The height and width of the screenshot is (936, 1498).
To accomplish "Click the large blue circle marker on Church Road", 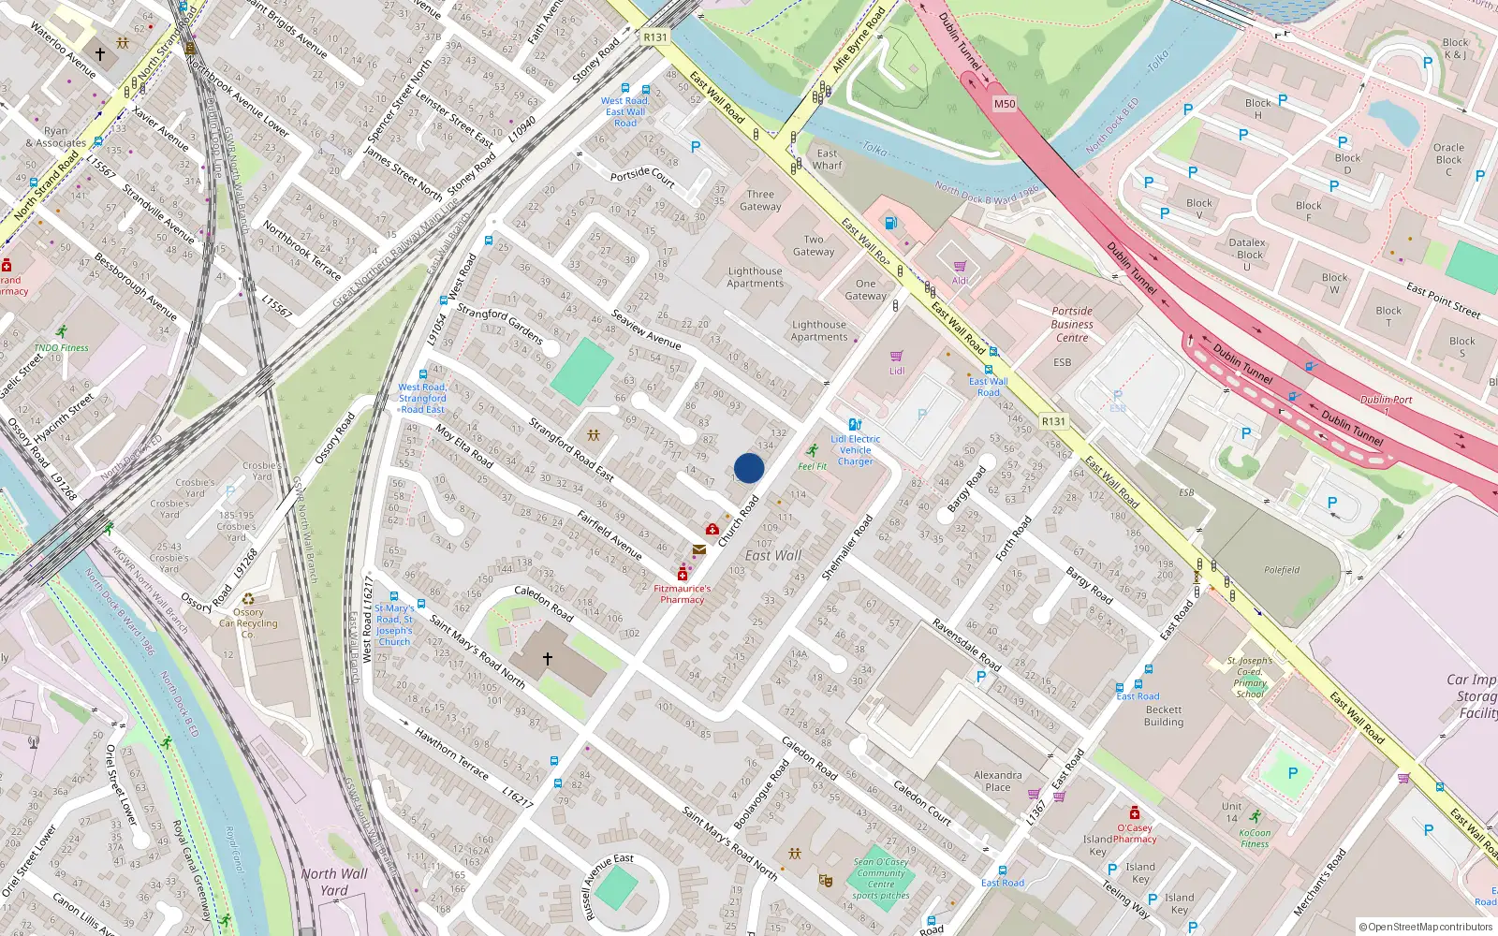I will point(749,468).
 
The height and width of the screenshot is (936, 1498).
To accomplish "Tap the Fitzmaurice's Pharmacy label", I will point(683,594).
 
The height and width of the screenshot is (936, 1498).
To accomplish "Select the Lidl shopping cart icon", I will point(897,357).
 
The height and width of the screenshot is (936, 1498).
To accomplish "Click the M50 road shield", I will point(1004,104).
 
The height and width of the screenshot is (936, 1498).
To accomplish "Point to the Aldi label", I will point(960,281).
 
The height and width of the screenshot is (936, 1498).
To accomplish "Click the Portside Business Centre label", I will point(1072,324).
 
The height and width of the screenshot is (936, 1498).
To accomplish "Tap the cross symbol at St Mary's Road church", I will point(548,659).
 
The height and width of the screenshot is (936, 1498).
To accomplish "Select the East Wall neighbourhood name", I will point(773,555).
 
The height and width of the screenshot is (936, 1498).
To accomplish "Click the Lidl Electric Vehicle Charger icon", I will point(855,425).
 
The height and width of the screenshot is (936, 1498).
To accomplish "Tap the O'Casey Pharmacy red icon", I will point(1135,812).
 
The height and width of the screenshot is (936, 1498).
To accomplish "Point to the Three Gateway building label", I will point(760,200).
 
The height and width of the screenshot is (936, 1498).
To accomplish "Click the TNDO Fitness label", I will point(62,347).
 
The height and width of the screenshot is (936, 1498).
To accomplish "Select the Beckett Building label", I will point(1164,716).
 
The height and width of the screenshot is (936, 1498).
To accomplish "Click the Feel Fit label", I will point(812,466).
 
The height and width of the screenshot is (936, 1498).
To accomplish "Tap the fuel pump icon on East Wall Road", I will point(891,223).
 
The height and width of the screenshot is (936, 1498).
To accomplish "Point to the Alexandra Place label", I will point(998,781).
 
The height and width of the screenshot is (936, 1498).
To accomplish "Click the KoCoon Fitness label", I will point(1255,838).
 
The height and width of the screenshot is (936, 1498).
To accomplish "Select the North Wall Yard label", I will point(334,882).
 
